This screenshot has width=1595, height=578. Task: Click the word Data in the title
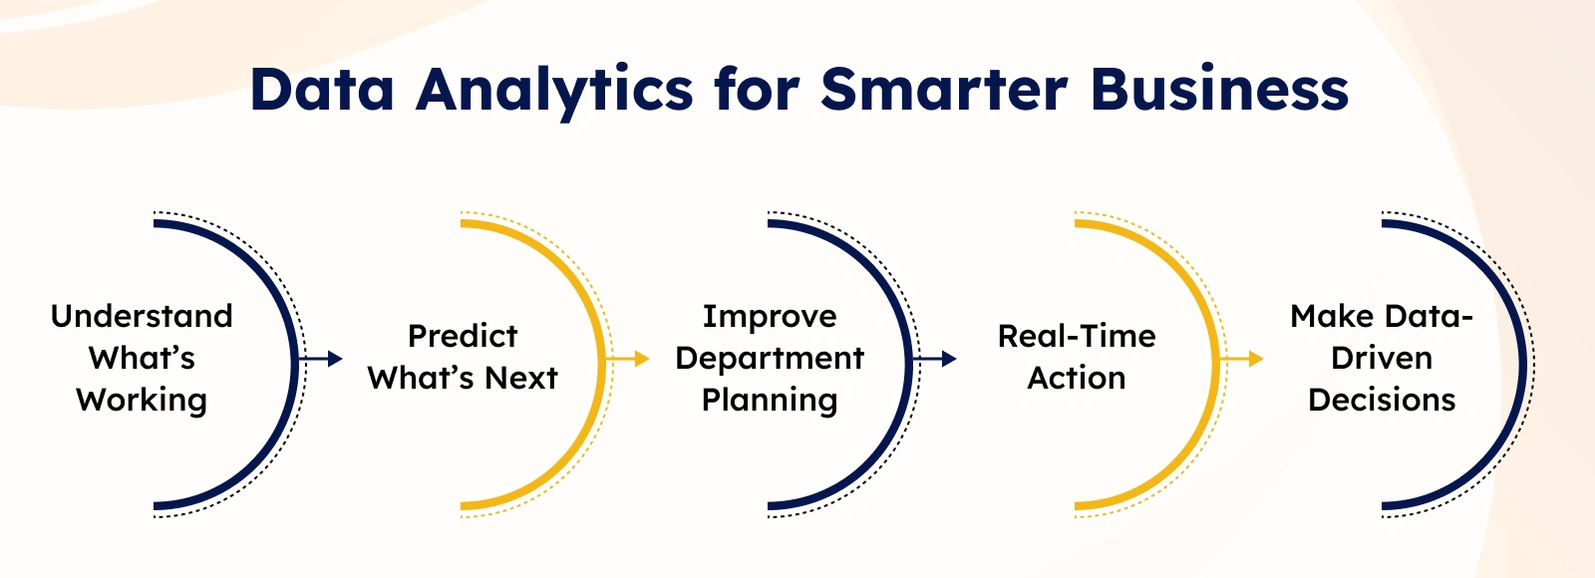coord(322,89)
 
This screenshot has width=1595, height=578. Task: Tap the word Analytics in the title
coord(554,94)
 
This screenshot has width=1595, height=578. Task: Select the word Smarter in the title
coord(944,89)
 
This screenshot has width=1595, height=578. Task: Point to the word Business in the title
coord(1219,89)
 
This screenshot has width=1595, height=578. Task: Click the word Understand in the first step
coord(142,316)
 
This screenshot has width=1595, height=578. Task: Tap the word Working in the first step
coord(142,401)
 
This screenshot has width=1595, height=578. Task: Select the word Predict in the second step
coord(463,336)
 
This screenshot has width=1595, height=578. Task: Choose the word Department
coord(770,359)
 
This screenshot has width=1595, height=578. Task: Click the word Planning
coord(770,401)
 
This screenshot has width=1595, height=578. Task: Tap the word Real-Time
coord(1077,336)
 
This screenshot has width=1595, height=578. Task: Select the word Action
coord(1077,378)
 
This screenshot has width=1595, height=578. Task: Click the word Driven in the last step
coord(1382,358)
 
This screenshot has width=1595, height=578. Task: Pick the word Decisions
coord(1382,400)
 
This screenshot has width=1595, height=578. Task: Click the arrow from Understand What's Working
coord(320,358)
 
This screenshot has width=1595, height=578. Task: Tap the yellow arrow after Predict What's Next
coord(627,358)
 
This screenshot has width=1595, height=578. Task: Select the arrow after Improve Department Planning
coord(934,358)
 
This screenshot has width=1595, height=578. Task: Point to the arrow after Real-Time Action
coord(1241,358)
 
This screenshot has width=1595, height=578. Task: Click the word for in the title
coord(757,89)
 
